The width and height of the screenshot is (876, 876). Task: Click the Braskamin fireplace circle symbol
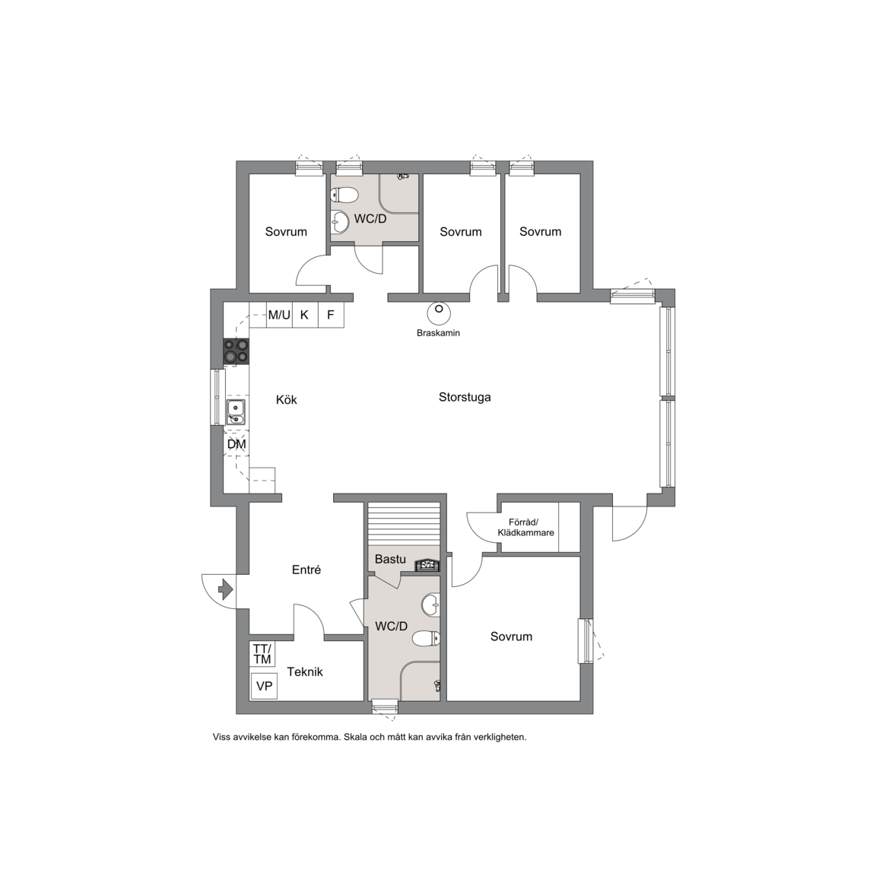[439, 313]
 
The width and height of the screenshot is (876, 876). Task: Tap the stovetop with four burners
[236, 352]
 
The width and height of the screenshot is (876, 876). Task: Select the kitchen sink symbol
[236, 411]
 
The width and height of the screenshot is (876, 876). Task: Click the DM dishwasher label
[236, 444]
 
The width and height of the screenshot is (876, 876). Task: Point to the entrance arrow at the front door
[225, 589]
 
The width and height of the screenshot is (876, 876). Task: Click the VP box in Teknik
[264, 685]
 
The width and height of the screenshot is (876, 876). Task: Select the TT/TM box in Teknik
[262, 654]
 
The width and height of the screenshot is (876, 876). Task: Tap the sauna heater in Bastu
[427, 565]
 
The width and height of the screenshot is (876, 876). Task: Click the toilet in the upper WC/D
[344, 195]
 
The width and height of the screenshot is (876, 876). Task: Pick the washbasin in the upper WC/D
[340, 222]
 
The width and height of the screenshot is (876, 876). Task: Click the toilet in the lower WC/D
[427, 638]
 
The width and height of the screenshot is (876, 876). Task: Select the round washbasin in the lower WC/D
[430, 604]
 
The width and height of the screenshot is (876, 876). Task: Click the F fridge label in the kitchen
[331, 315]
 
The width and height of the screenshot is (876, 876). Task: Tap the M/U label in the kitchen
[279, 315]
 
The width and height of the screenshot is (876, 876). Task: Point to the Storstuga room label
[465, 397]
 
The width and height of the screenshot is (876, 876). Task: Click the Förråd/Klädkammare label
[525, 528]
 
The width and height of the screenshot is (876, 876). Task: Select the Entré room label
[306, 570]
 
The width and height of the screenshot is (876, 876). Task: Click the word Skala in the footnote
[355, 737]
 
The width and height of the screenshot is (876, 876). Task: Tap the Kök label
[287, 399]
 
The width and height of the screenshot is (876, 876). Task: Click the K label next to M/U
[304, 315]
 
